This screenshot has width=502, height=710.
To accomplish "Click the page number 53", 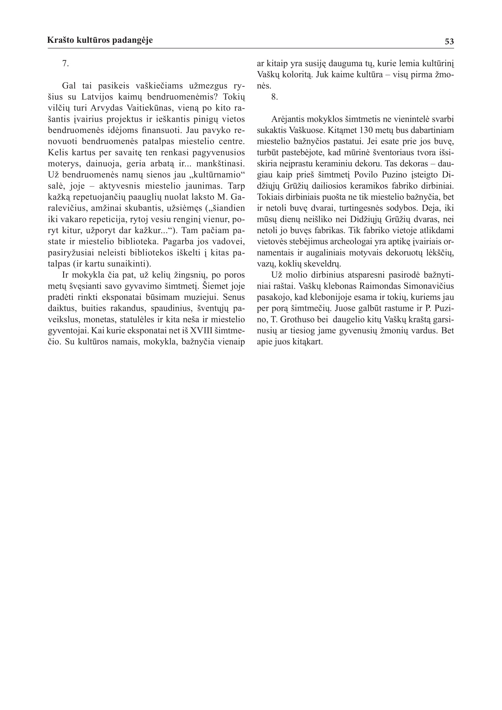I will pyautogui.click(x=449, y=41).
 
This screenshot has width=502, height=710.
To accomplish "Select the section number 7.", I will pyautogui.click(x=65, y=64).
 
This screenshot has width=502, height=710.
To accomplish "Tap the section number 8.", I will pyautogui.click(x=274, y=97).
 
